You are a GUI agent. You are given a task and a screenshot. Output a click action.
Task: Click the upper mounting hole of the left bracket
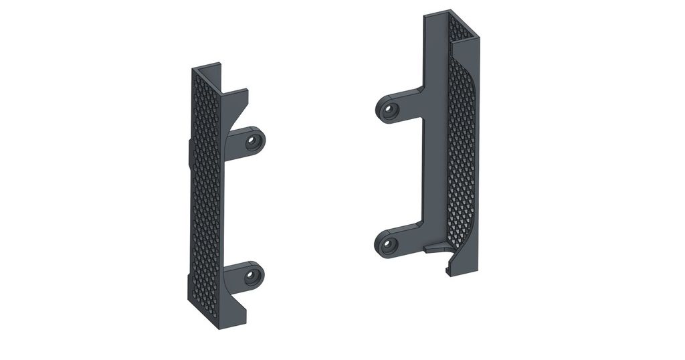pos(253,141)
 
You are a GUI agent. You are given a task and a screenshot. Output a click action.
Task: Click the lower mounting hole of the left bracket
pos(252,275)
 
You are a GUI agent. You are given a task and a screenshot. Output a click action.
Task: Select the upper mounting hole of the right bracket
pos(388,109)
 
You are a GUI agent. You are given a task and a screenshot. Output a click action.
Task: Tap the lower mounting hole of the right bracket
pos(388,245)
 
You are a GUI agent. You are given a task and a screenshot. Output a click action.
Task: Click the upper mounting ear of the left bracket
pos(248,141)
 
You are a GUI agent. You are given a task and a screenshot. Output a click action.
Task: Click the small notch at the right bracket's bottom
pos(447,270)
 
